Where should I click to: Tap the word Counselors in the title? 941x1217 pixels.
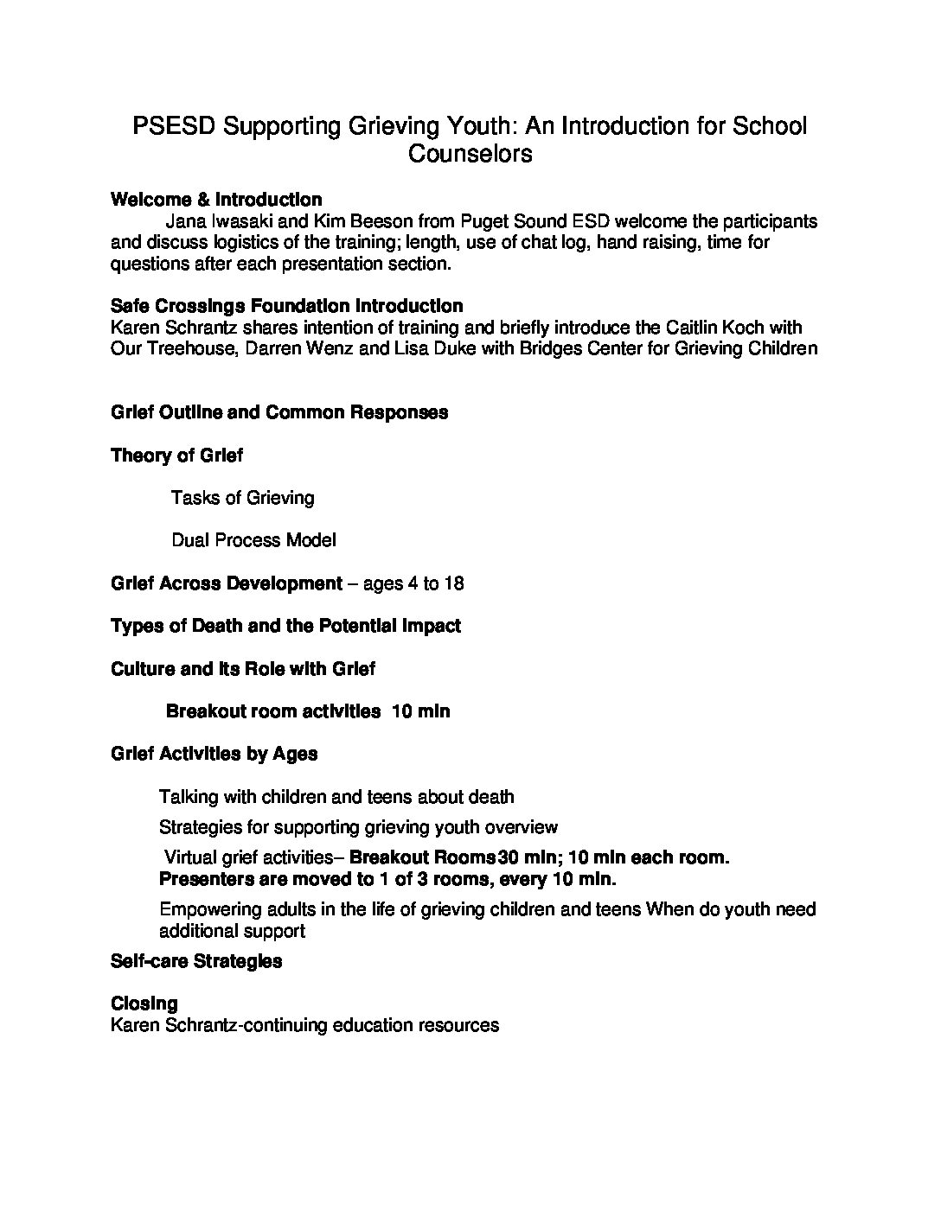tap(470, 154)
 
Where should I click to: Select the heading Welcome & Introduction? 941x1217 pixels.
tap(216, 200)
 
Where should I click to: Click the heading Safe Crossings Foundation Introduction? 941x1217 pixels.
tap(286, 306)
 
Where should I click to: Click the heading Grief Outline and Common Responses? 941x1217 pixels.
tap(279, 412)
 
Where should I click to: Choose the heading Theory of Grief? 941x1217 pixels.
tap(176, 456)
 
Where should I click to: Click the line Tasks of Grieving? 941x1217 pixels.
tap(242, 498)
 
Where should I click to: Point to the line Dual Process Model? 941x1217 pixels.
tap(253, 540)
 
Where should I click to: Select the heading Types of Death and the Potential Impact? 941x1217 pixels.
tap(285, 626)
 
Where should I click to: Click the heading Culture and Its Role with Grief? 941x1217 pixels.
tap(243, 669)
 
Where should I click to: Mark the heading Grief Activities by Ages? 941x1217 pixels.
tap(214, 754)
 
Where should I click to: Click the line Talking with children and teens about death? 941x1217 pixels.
tap(336, 797)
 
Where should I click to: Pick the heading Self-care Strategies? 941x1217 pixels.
tap(196, 961)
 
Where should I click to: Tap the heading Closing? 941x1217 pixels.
tap(144, 1004)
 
